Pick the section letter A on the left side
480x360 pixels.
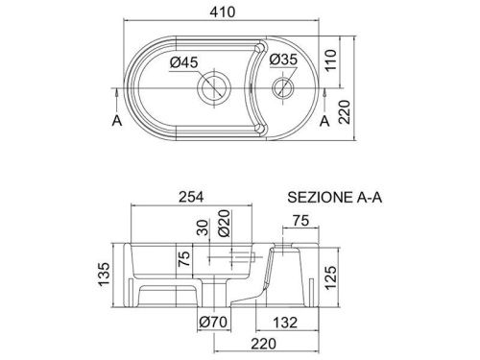click(x=116, y=121)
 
